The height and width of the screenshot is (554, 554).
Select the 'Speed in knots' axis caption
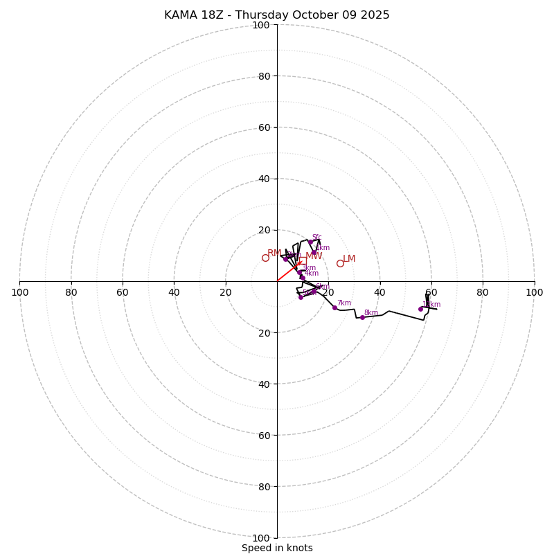(x=277, y=548)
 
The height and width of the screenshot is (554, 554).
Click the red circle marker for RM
(x=265, y=258)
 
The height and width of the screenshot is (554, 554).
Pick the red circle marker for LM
(x=340, y=263)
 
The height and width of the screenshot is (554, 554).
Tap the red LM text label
(x=349, y=259)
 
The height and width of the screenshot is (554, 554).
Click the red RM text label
(x=274, y=253)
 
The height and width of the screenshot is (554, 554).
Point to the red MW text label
(x=314, y=256)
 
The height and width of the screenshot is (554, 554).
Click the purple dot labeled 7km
(x=334, y=307)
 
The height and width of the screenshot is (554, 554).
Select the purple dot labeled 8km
(x=362, y=317)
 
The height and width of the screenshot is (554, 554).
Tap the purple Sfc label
(x=316, y=238)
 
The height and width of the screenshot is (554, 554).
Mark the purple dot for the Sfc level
(x=310, y=242)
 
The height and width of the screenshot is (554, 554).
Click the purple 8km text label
(x=371, y=313)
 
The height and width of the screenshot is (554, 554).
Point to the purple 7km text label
(x=344, y=303)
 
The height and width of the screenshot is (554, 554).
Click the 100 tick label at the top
(x=261, y=25)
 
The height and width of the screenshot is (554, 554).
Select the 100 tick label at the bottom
(x=261, y=538)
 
